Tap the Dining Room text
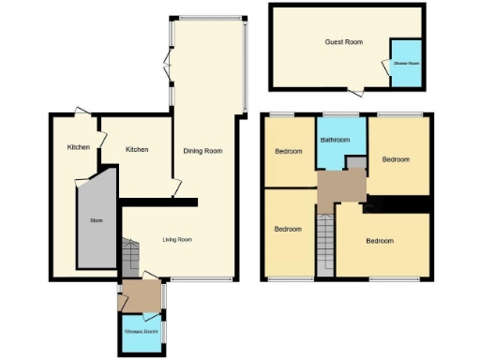[202, 151]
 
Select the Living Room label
[177, 240]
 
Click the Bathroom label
[335, 141]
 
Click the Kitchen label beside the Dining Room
[138, 149]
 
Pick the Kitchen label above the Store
[78, 147]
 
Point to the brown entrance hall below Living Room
[142, 295]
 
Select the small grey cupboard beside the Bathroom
[356, 163]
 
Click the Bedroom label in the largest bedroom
[380, 241]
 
